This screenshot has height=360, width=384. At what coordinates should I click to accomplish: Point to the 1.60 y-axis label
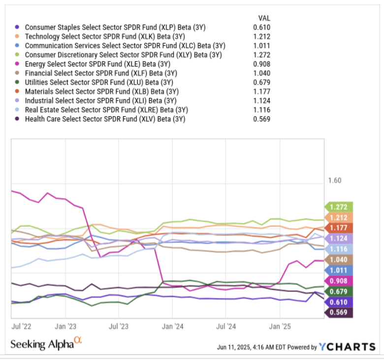[x=334, y=181]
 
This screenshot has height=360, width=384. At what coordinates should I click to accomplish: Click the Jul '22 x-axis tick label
[x=23, y=326]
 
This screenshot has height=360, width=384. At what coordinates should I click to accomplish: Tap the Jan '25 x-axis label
[x=280, y=326]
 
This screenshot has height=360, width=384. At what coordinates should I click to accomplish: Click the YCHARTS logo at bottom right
[x=347, y=347]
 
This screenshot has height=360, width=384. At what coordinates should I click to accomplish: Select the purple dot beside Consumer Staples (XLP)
[x=18, y=28]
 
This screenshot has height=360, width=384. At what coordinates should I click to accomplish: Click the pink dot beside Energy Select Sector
[x=18, y=64]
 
